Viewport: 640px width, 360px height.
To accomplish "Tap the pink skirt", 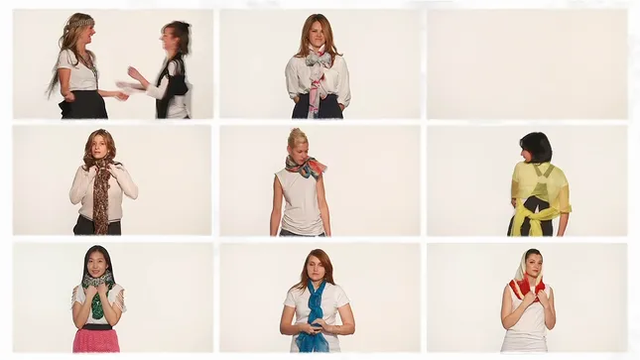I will pyautogui.click(x=96, y=337).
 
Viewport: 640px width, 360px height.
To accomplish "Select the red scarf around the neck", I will pyautogui.click(x=526, y=289).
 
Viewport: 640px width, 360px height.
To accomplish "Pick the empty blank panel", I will pyautogui.click(x=527, y=63).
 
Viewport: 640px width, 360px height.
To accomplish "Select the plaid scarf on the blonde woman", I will pyautogui.click(x=304, y=165).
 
